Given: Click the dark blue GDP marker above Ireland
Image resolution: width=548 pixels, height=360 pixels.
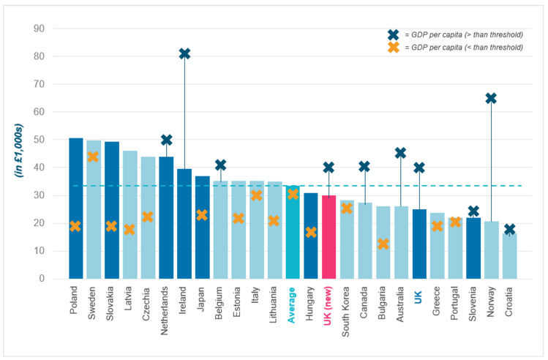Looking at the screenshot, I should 184,53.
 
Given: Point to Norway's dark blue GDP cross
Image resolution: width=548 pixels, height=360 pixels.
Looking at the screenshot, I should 491,98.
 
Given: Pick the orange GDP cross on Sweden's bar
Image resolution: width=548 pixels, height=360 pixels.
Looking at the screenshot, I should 94,157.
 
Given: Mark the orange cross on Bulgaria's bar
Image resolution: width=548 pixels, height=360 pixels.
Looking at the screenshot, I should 383,244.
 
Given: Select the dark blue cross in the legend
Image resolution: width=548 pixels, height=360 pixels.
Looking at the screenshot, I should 394,34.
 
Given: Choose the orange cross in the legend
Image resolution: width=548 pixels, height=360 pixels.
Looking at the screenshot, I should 394,47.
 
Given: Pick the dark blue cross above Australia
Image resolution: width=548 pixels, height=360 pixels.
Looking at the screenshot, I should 400,153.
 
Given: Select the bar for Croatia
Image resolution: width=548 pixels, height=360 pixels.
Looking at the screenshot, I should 509,256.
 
